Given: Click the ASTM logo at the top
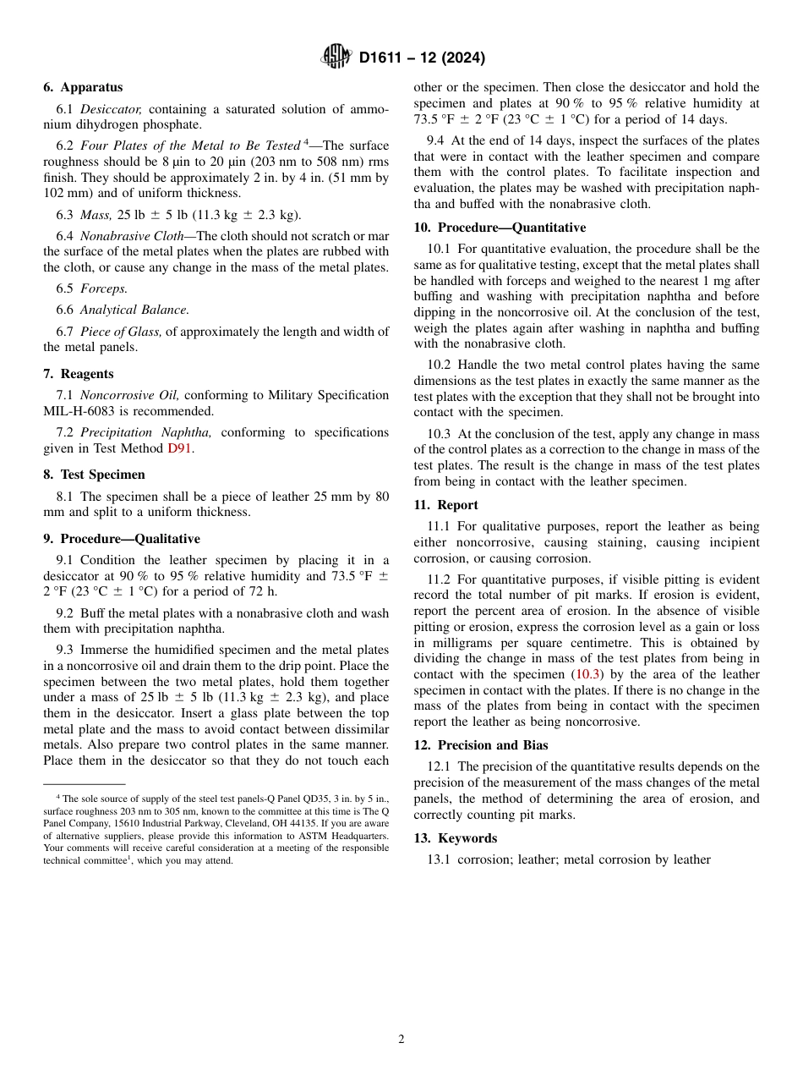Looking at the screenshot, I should [336, 58].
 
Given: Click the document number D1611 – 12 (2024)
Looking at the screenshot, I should [422, 58].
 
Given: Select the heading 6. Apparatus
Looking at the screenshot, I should [83, 87].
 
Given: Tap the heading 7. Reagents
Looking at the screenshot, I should [79, 374].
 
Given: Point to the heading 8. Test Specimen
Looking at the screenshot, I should [94, 475].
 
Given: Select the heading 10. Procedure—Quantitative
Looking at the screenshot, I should [500, 228].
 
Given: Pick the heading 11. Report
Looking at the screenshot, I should [445, 505].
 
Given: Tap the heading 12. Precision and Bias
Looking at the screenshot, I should [481, 745].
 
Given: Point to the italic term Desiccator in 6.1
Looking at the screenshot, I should [111, 109].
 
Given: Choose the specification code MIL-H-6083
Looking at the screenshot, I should [85, 411].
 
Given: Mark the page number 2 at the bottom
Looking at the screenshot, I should [401, 1040].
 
